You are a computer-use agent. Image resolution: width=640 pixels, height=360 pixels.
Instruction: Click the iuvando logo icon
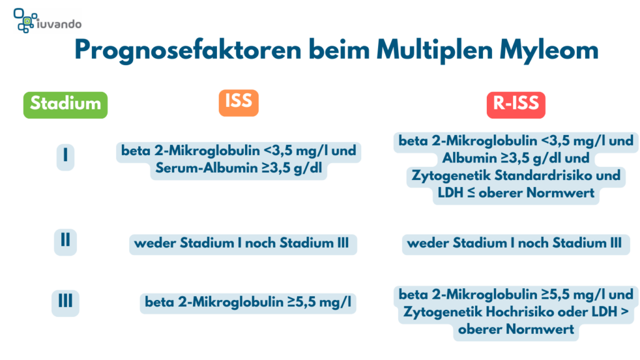[x=25, y=20]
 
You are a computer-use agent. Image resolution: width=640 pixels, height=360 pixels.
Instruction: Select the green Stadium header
[x=65, y=105]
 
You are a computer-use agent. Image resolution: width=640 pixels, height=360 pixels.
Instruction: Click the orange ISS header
[x=239, y=103]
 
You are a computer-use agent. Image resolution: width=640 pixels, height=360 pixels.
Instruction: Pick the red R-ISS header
[x=516, y=105]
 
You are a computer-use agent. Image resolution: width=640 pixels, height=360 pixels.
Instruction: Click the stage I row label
[x=65, y=157]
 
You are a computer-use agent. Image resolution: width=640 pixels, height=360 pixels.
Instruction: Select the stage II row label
[x=65, y=242]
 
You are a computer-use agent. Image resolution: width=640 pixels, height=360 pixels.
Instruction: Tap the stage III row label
[x=65, y=303]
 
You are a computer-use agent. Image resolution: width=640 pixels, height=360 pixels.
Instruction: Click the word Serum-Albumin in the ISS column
[x=206, y=168]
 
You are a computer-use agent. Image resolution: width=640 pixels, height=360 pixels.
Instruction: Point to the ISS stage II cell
[x=243, y=244]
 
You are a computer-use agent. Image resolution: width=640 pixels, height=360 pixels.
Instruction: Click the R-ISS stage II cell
[x=516, y=244]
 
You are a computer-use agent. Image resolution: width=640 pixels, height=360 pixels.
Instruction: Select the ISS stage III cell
[x=248, y=303]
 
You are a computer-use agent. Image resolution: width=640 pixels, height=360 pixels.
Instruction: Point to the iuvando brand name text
[x=59, y=24]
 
